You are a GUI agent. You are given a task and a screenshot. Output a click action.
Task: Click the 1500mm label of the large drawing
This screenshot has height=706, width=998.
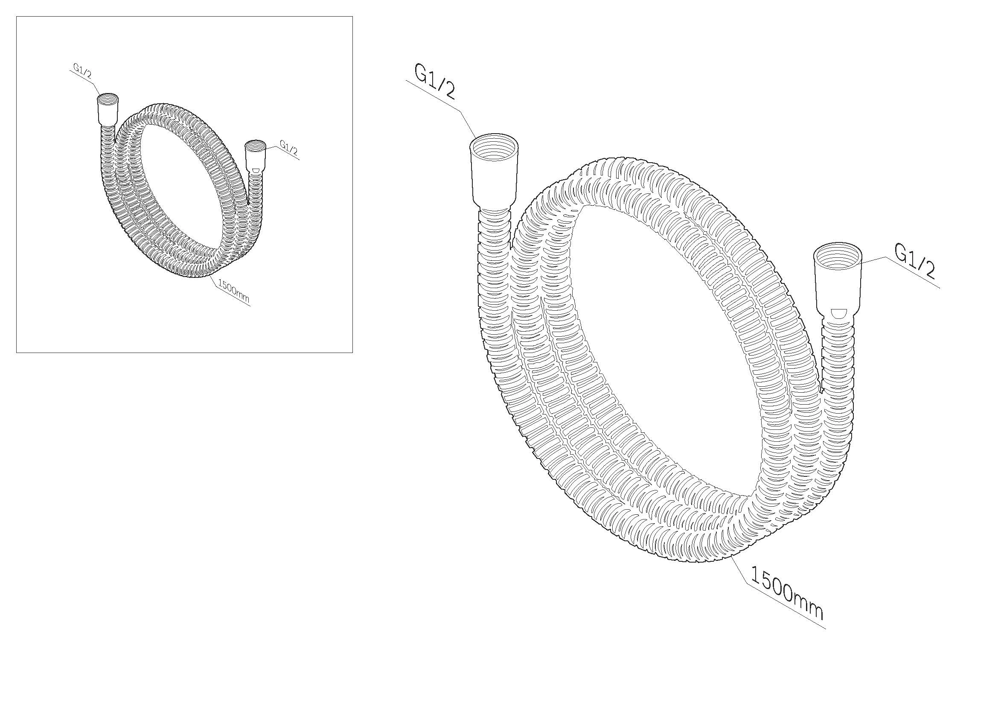coord(786,593)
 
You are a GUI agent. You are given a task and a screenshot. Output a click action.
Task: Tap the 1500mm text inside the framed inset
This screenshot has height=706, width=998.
coord(233,291)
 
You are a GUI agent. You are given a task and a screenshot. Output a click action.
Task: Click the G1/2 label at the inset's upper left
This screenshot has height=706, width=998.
coord(83,72)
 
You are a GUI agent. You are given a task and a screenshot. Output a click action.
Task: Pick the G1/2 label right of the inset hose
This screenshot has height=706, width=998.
coord(288,147)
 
